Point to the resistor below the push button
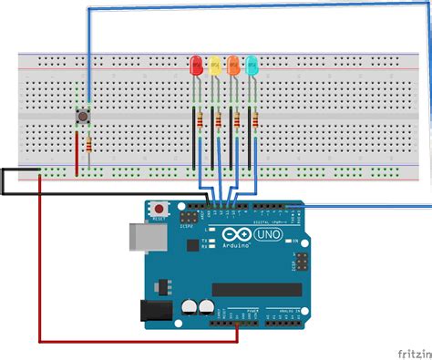88,145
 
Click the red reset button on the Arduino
159,208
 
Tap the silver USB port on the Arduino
140,238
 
